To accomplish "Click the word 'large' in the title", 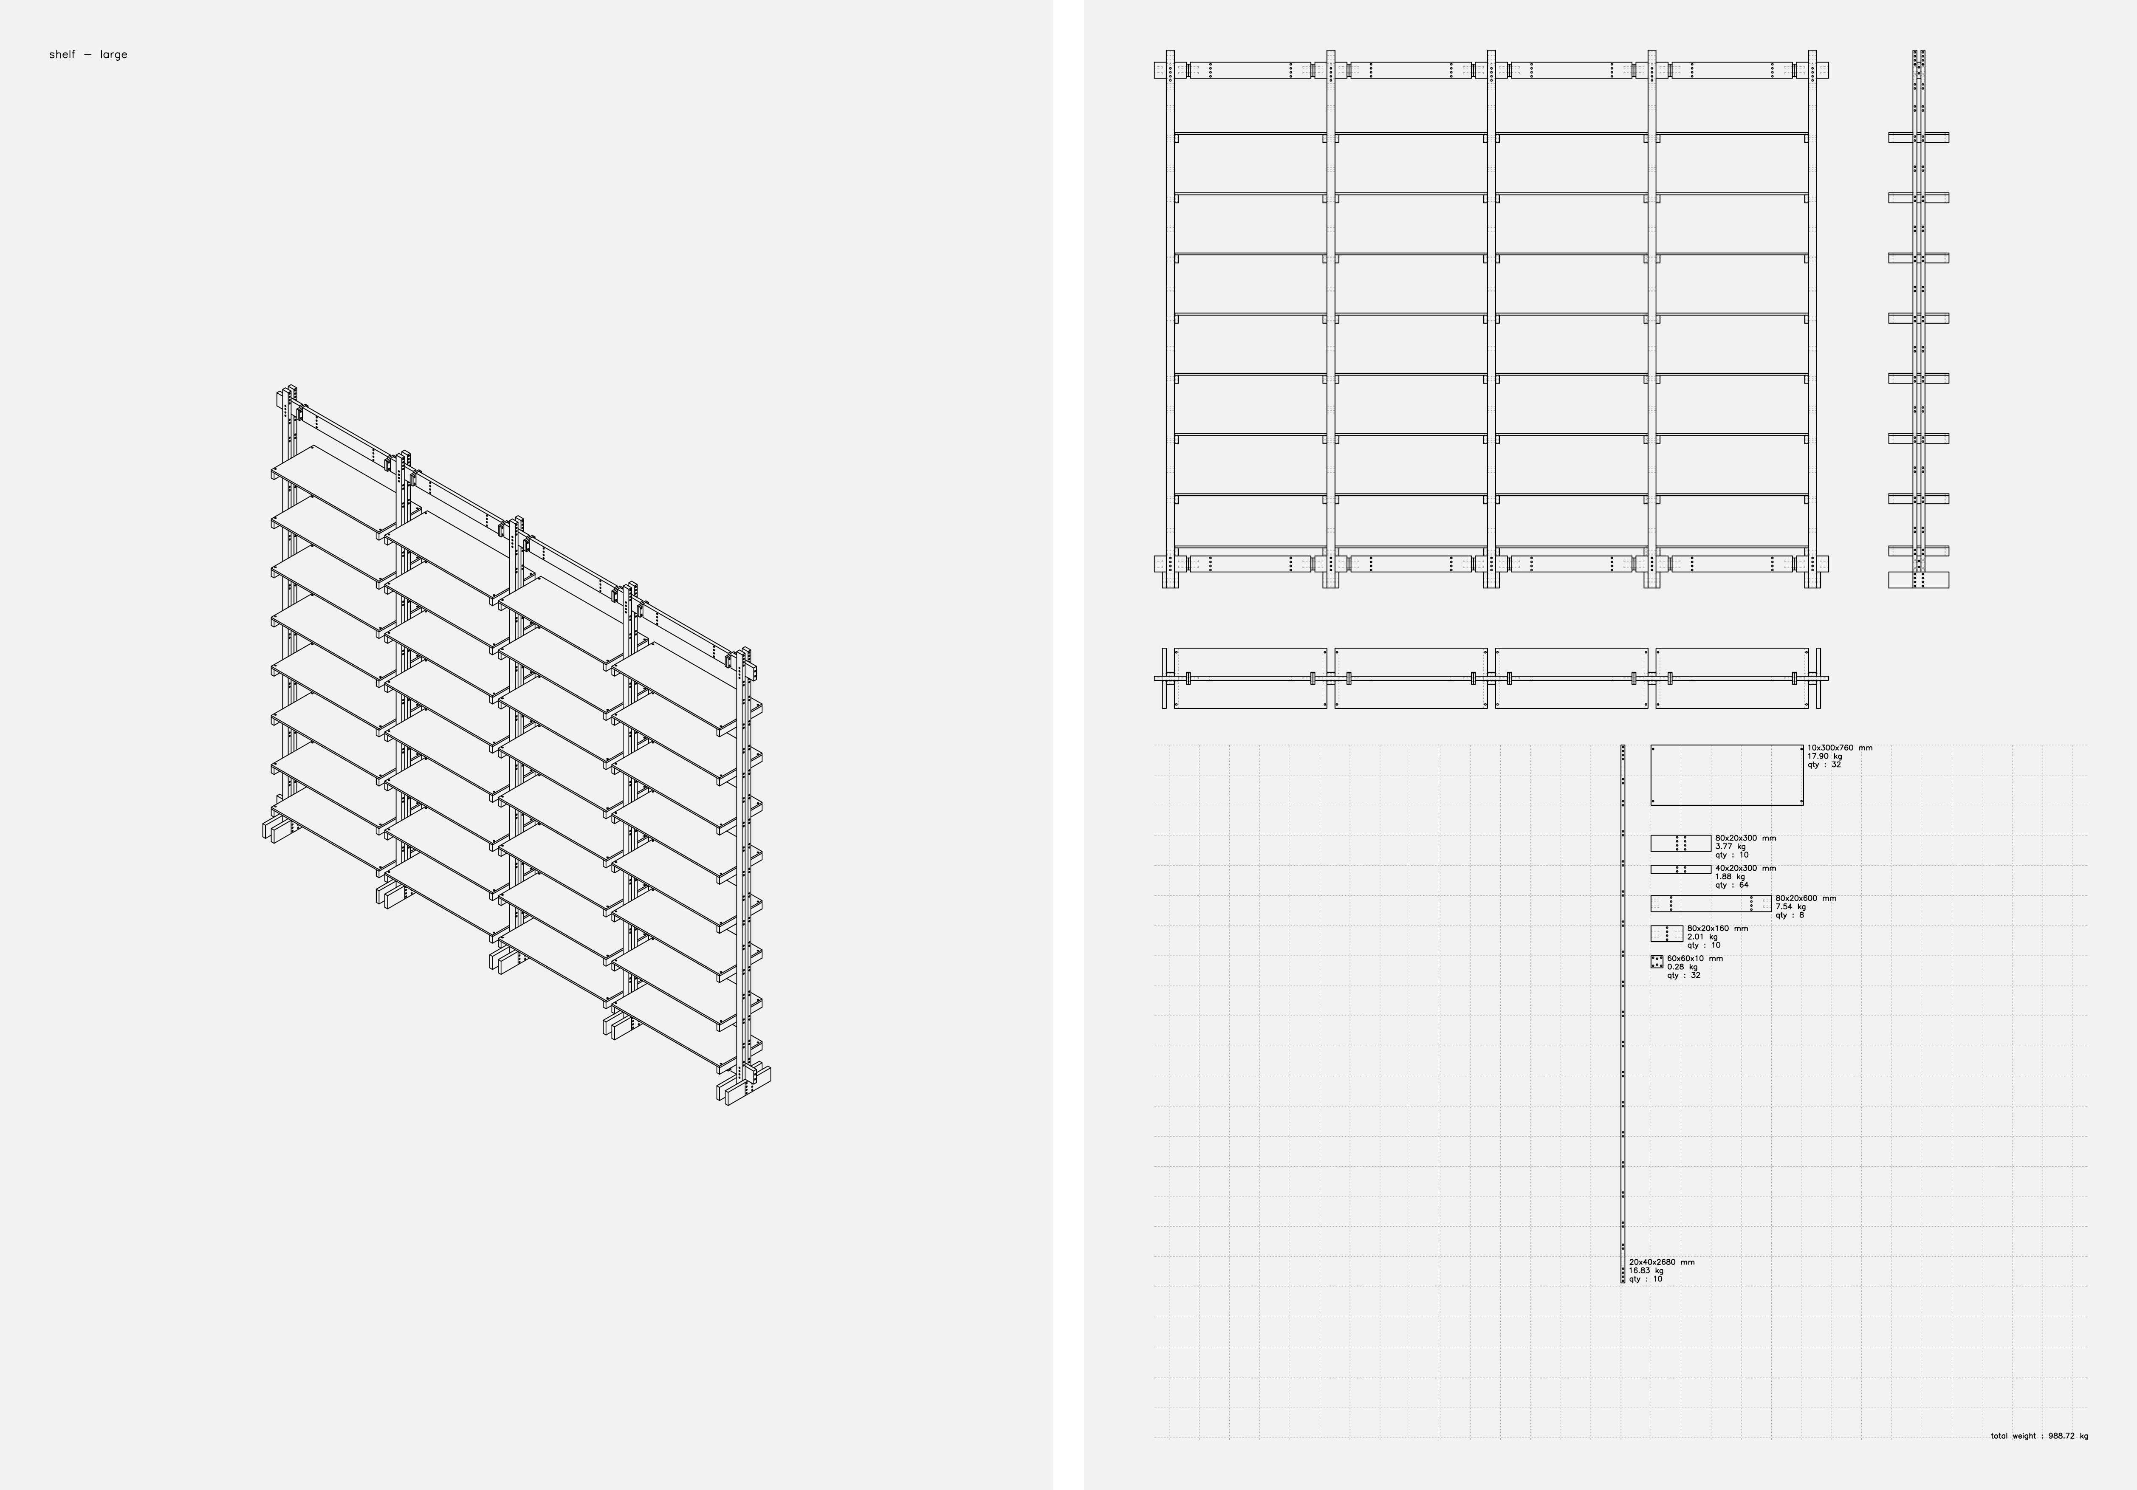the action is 113,55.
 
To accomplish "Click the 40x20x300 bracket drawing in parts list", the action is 1681,869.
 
